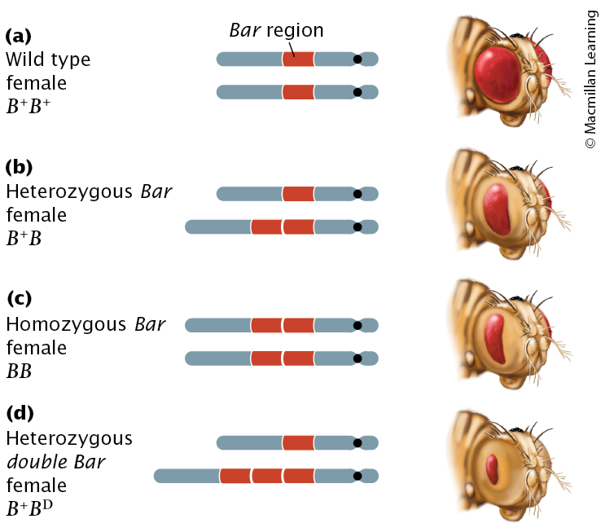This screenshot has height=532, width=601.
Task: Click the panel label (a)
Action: (18, 35)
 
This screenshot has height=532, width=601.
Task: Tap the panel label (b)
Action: (18, 168)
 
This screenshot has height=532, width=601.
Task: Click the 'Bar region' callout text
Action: (275, 31)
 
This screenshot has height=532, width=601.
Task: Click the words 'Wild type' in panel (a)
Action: (48, 59)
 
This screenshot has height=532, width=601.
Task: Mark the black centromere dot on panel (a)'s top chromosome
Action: (357, 59)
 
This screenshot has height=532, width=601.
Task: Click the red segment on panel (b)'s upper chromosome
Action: (298, 194)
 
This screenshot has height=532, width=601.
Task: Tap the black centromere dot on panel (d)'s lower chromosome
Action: (357, 476)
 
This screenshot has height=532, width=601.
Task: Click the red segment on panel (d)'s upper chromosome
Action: (298, 442)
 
